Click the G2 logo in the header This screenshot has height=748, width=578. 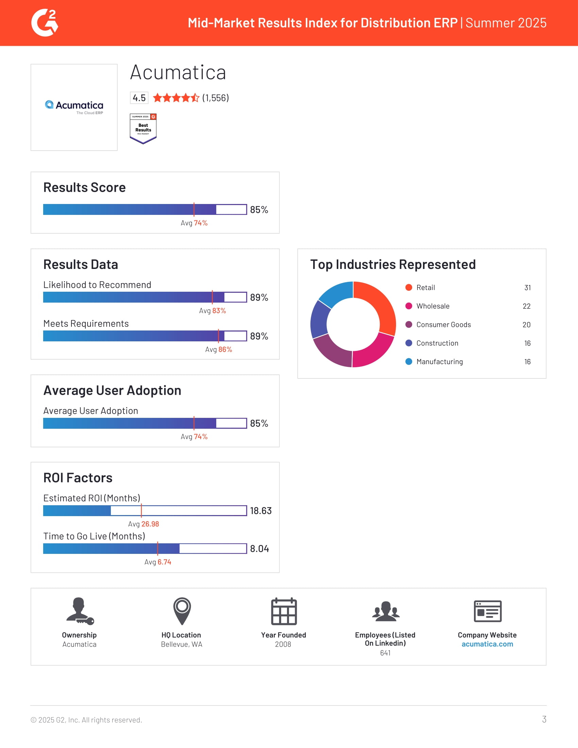[x=45, y=22]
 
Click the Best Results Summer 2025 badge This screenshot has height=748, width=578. [x=143, y=129]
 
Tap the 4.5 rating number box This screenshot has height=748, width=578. [x=139, y=98]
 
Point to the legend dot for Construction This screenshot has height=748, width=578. [x=408, y=343]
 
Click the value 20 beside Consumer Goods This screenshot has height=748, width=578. [x=526, y=325]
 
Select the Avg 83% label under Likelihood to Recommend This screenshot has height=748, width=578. [x=212, y=311]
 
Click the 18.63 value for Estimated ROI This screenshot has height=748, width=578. [x=260, y=511]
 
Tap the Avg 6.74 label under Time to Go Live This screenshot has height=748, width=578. [x=157, y=562]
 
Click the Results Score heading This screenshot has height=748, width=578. [x=84, y=187]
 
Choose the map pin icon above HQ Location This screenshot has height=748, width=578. [x=182, y=611]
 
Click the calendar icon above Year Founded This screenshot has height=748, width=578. [x=284, y=611]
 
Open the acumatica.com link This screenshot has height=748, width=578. [x=487, y=644]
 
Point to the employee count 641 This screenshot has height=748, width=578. [x=385, y=653]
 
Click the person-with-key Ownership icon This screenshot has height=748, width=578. [x=80, y=611]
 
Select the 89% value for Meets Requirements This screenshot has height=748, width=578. [x=259, y=336]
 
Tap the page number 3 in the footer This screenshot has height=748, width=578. [x=544, y=719]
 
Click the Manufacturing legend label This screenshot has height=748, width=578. [x=439, y=362]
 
